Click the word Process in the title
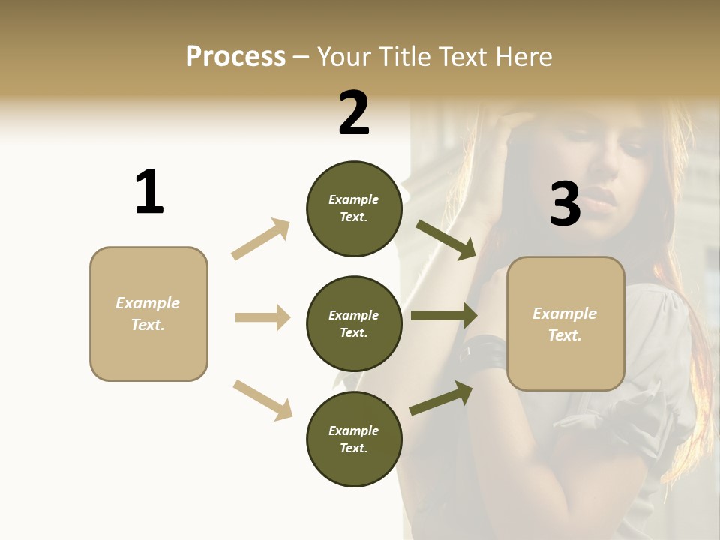click(x=235, y=57)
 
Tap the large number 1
click(x=149, y=193)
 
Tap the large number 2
click(x=354, y=114)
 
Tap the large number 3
click(x=565, y=205)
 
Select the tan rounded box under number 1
click(x=148, y=313)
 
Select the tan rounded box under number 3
click(x=565, y=323)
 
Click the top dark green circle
click(x=354, y=208)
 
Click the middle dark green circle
click(x=354, y=323)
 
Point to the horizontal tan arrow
click(x=262, y=317)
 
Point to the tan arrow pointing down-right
click(x=262, y=400)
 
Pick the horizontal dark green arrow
click(x=444, y=315)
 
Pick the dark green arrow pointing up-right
click(x=441, y=398)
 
